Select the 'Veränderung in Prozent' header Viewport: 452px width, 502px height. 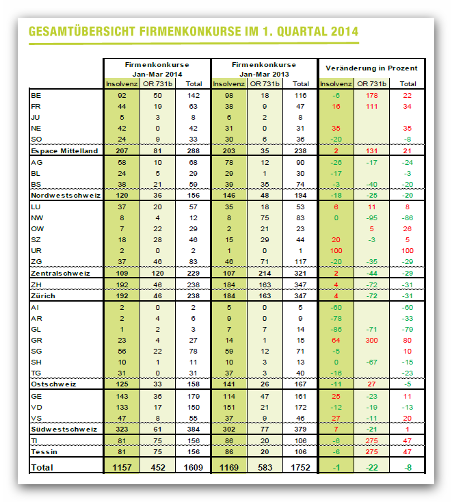371,68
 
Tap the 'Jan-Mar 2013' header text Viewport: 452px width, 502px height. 264,75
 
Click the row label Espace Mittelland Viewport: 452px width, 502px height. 64,150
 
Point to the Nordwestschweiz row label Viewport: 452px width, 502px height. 66,196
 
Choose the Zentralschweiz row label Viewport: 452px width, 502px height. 60,273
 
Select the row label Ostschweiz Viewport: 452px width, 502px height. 53,384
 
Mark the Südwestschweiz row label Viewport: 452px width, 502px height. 64,429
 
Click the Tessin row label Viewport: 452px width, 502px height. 44,452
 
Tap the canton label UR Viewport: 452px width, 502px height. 36,251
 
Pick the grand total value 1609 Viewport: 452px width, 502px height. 193,467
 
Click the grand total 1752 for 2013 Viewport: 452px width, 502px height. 300,467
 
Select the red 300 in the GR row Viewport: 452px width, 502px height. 371,341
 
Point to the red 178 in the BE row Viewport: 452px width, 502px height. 371,95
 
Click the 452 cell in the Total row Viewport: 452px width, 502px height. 158,467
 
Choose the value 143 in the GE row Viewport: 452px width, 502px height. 122,397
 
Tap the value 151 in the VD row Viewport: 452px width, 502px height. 229,407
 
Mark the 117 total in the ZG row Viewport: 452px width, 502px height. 300,261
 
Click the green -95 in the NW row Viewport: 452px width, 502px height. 371,218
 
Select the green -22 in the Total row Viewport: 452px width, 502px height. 371,467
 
